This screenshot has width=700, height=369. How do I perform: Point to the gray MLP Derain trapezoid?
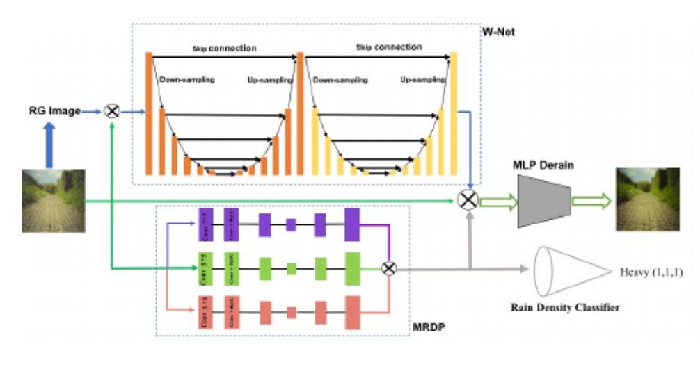[544, 201]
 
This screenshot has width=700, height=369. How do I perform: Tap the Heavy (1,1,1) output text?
[650, 273]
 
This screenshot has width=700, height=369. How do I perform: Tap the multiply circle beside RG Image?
[111, 110]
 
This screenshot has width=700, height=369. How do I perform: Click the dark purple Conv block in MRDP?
[205, 224]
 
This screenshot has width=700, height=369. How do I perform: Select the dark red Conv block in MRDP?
[205, 311]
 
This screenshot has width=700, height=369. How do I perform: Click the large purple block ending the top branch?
[352, 224]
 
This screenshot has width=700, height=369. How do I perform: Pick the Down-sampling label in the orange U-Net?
[186, 80]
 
